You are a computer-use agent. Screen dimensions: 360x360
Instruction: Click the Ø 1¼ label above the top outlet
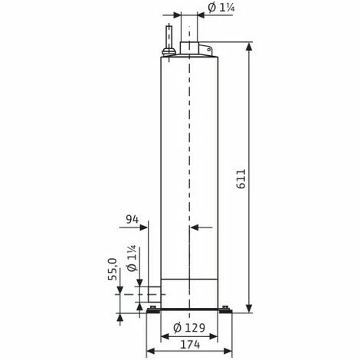pyautogui.click(x=222, y=8)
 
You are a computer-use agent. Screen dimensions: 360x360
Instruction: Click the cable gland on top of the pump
pyautogui.click(x=167, y=38)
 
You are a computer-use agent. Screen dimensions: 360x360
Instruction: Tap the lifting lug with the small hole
pyautogui.click(x=205, y=51)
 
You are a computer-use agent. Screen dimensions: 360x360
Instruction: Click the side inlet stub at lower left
pyautogui.click(x=153, y=293)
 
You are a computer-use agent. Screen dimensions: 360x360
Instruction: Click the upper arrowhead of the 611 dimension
pyautogui.click(x=249, y=47)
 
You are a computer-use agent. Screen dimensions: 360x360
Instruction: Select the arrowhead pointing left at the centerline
pyautogui.click(x=192, y=227)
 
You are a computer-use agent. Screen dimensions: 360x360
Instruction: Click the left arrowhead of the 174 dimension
pyautogui.click(x=149, y=351)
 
